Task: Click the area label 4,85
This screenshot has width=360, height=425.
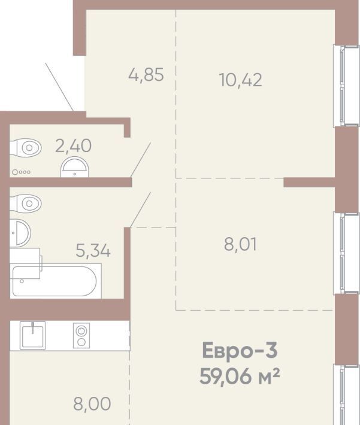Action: click(146, 75)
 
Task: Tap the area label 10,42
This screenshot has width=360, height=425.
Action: click(241, 80)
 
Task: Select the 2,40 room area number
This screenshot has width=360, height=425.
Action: click(73, 145)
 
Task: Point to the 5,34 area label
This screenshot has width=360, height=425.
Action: click(93, 250)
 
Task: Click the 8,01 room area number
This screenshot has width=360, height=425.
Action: click(240, 244)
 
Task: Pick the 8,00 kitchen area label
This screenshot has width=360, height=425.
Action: click(92, 404)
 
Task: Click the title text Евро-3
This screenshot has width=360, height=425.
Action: click(240, 350)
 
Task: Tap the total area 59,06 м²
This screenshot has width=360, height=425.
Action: click(240, 377)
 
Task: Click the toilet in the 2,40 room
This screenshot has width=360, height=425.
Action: click(26, 148)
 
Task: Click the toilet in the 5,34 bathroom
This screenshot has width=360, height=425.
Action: click(26, 203)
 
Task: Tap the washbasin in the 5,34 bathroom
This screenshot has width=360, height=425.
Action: click(20, 233)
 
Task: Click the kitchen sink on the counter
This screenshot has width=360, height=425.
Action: click(32, 336)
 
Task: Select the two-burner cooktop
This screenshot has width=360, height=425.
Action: click(81, 336)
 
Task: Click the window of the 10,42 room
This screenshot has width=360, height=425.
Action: click(346, 86)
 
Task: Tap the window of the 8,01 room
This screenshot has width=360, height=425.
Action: click(346, 253)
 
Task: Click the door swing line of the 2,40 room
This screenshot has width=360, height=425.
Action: click(141, 160)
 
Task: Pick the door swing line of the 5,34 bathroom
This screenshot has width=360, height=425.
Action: click(141, 210)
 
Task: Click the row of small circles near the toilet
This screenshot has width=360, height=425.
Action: click(22, 172)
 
